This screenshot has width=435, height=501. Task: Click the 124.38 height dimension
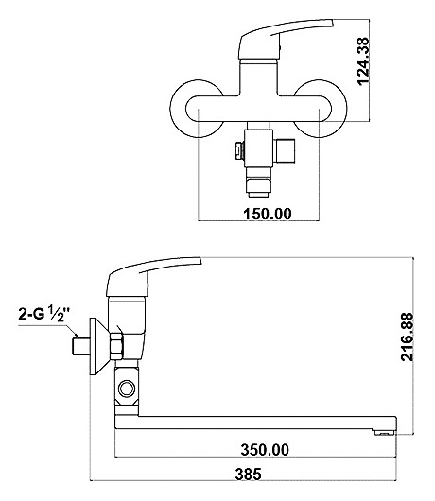pyautogui.click(x=363, y=61)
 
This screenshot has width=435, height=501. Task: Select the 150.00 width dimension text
pyautogui.click(x=268, y=214)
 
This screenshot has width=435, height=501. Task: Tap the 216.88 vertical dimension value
pyautogui.click(x=408, y=337)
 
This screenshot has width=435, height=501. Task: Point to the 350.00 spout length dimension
pyautogui.click(x=265, y=450)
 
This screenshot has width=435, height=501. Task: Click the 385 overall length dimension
pyautogui.click(x=249, y=474)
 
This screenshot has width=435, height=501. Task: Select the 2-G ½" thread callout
pyautogui.click(x=44, y=314)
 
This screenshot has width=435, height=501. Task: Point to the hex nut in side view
pyautogui.click(x=117, y=347)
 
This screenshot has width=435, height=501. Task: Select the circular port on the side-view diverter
pyautogui.click(x=127, y=389)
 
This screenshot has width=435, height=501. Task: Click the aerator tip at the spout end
pyautogui.click(x=385, y=433)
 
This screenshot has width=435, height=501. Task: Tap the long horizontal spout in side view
pyautogui.click(x=255, y=423)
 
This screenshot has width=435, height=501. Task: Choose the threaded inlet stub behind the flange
pyautogui.click(x=80, y=347)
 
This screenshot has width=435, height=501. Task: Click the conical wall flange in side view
pyautogui.click(x=98, y=347)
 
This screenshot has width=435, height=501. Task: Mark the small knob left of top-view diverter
pyautogui.click(x=239, y=150)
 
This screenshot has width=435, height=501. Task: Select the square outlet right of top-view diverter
pyautogui.click(x=285, y=150)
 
